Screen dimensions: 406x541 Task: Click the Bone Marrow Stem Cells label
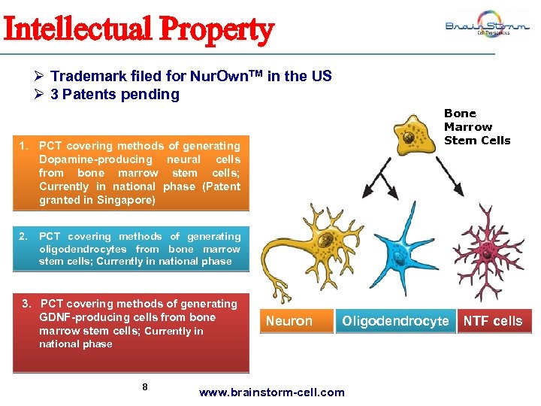[x=476, y=127]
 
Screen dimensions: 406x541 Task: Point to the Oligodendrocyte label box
[x=395, y=321]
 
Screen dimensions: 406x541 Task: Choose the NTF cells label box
[x=493, y=321]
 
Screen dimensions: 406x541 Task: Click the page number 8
[x=145, y=387]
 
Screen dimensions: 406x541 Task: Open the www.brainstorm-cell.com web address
[x=271, y=392]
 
